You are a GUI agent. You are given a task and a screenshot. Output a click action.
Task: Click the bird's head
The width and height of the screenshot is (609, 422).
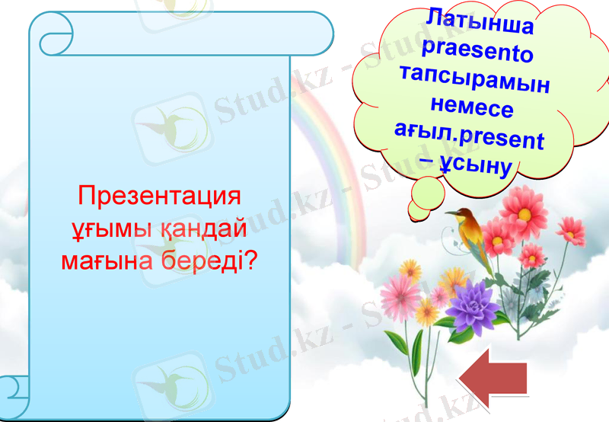point(458,215)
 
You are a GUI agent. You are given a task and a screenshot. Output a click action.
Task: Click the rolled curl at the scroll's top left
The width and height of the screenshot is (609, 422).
point(53,35)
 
